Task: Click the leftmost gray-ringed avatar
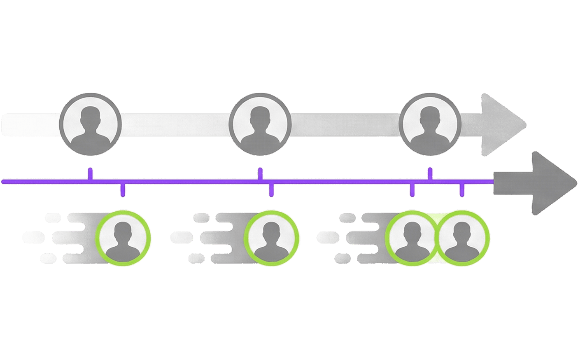coord(90,124)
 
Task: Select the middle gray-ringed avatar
coord(260,124)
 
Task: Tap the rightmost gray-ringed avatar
coord(430,124)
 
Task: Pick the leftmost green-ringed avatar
coord(123,238)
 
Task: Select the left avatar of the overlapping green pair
coord(412,238)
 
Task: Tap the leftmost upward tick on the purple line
coord(90,173)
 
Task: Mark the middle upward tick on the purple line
coord(260,173)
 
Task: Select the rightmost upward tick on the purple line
coord(430,173)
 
